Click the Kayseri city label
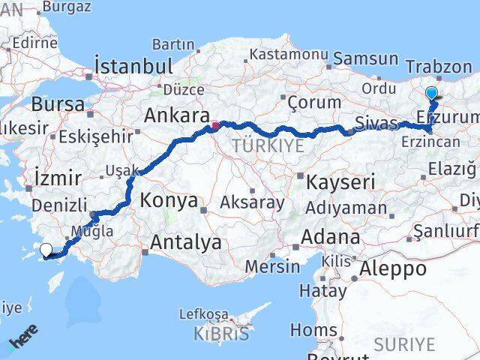click(x=340, y=181)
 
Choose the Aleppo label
click(x=394, y=268)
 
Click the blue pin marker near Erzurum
click(x=432, y=94)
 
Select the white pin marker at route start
click(x=46, y=250)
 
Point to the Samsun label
click(x=366, y=58)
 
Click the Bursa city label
click(x=58, y=103)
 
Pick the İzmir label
click(x=57, y=178)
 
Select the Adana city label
click(x=330, y=237)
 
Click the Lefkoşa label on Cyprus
click(x=204, y=314)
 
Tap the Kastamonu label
click(x=289, y=55)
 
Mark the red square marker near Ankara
click(x=215, y=125)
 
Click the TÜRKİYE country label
click(x=268, y=145)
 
